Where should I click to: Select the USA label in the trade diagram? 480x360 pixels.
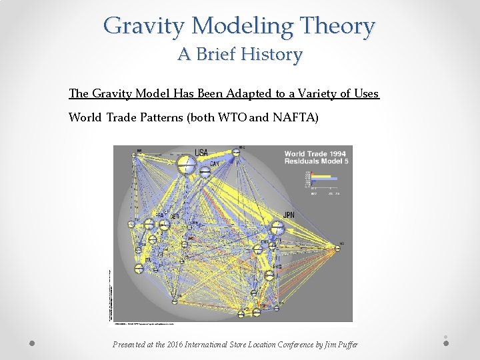[201, 153]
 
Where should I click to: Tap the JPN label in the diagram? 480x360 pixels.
[289, 215]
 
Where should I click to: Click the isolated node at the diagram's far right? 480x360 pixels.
[339, 248]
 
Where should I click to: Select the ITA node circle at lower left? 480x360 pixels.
[139, 269]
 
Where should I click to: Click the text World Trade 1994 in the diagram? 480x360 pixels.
[315, 153]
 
